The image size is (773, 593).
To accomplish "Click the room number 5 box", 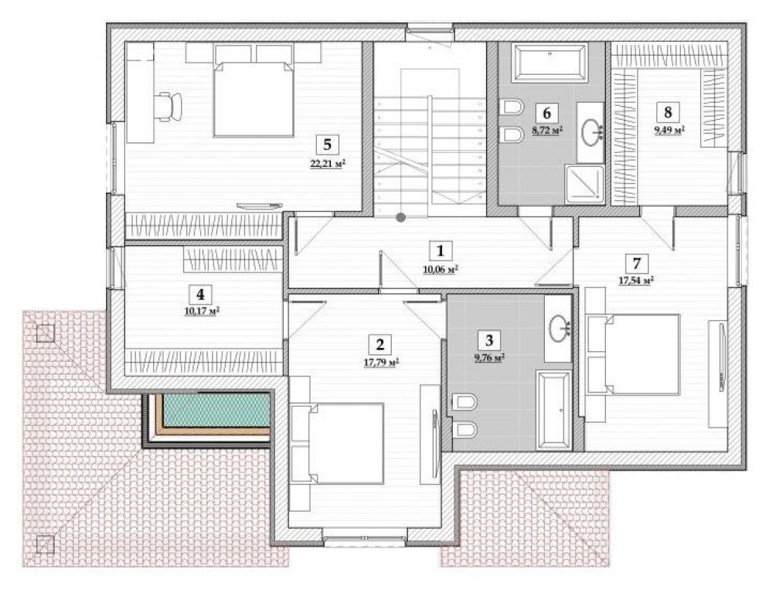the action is click(327, 145).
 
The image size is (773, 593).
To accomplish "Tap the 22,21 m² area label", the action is click(327, 164).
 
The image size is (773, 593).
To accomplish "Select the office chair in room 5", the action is click(169, 106).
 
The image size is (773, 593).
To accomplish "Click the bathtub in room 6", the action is click(550, 63).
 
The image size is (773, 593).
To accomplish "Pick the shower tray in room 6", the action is click(584, 184).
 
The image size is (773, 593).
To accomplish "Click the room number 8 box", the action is click(668, 112).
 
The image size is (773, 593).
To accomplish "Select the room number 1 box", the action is click(440, 251).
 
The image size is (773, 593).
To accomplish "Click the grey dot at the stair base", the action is click(402, 216).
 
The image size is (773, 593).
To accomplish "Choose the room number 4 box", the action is click(200, 295).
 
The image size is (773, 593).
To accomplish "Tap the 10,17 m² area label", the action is click(202, 312).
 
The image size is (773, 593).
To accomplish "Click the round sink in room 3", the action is click(560, 328).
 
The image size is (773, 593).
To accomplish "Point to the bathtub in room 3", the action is click(554, 411).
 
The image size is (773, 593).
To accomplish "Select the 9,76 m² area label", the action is click(489, 359).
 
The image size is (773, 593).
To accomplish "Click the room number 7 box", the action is click(636, 263).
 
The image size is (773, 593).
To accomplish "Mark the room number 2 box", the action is click(380, 345).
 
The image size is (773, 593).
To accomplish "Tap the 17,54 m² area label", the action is click(636, 281).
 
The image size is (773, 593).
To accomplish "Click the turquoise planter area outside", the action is click(217, 410).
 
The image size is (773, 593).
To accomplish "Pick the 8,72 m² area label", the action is click(547, 131).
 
